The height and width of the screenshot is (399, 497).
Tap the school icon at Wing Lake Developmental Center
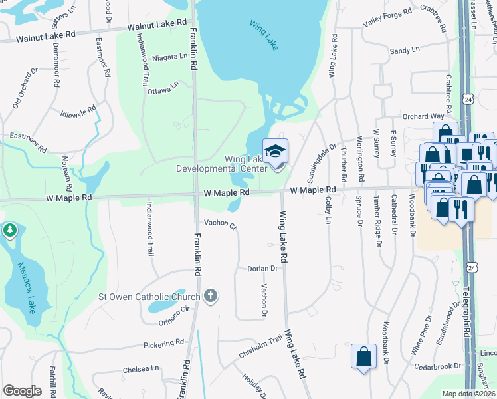click(x=275, y=152)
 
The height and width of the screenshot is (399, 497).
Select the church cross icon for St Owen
click(x=211, y=296)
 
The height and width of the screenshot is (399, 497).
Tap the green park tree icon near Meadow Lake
click(x=9, y=231)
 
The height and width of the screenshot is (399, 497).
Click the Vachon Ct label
click(x=220, y=224)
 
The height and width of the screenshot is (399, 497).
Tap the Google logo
click(x=22, y=390)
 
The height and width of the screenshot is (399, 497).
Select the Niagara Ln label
click(x=169, y=57)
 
